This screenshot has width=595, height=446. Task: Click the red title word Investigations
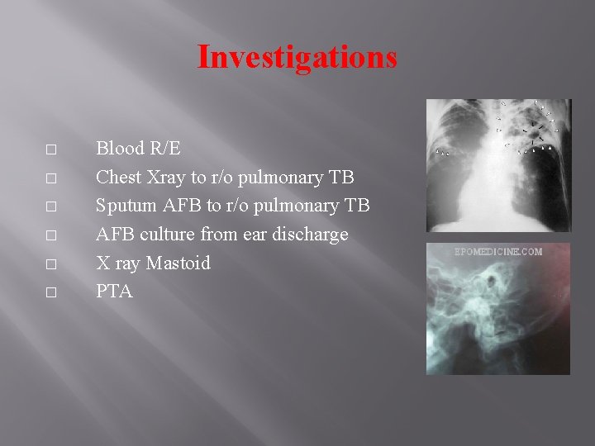point(297,57)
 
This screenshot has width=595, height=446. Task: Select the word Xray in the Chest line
point(165,177)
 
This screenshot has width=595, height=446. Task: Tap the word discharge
point(309,235)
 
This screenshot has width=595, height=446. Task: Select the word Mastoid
point(178,263)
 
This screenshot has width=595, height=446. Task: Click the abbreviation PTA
point(114,292)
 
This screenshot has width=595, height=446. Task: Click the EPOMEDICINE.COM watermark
point(498,252)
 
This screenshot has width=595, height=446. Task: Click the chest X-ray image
point(497,165)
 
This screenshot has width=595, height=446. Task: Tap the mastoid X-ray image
point(497,314)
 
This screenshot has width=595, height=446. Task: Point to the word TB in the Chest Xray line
point(341,177)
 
